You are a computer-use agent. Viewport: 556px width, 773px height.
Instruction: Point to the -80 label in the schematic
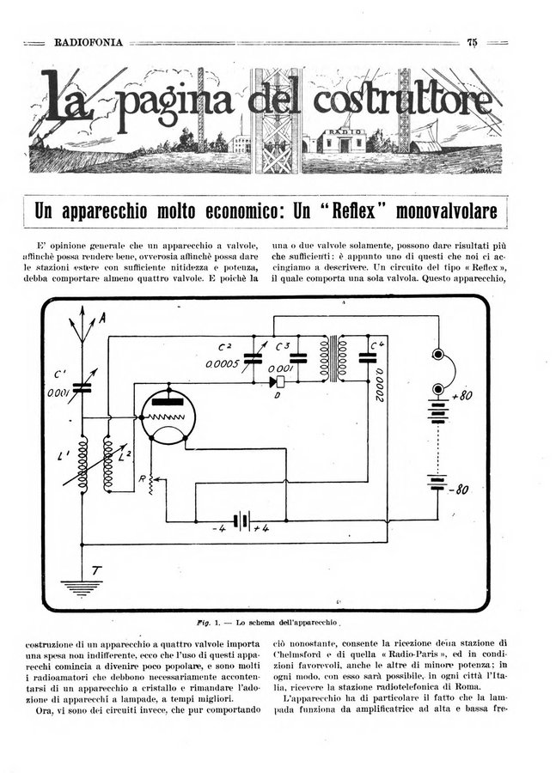click(461, 490)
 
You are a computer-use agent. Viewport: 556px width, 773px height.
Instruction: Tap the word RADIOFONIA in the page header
click(88, 42)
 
